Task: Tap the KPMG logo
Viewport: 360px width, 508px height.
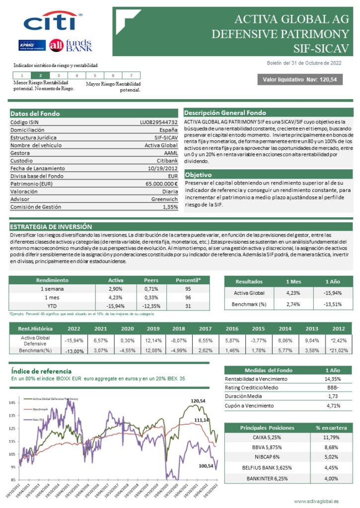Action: (x=32, y=45)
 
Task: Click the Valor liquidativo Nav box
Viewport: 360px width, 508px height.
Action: (x=299, y=79)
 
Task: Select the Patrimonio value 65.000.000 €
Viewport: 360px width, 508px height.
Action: (x=158, y=184)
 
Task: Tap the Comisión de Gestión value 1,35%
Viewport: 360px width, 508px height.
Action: (x=170, y=207)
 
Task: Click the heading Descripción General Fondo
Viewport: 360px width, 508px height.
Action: (x=225, y=113)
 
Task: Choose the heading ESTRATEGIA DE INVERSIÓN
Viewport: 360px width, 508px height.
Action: (x=51, y=227)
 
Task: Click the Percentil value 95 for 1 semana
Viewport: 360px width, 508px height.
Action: (x=188, y=289)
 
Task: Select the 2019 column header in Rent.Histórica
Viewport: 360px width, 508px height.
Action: (x=153, y=328)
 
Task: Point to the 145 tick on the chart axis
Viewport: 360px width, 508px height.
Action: (x=12, y=402)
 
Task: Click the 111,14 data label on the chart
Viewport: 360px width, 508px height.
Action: (x=201, y=420)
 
